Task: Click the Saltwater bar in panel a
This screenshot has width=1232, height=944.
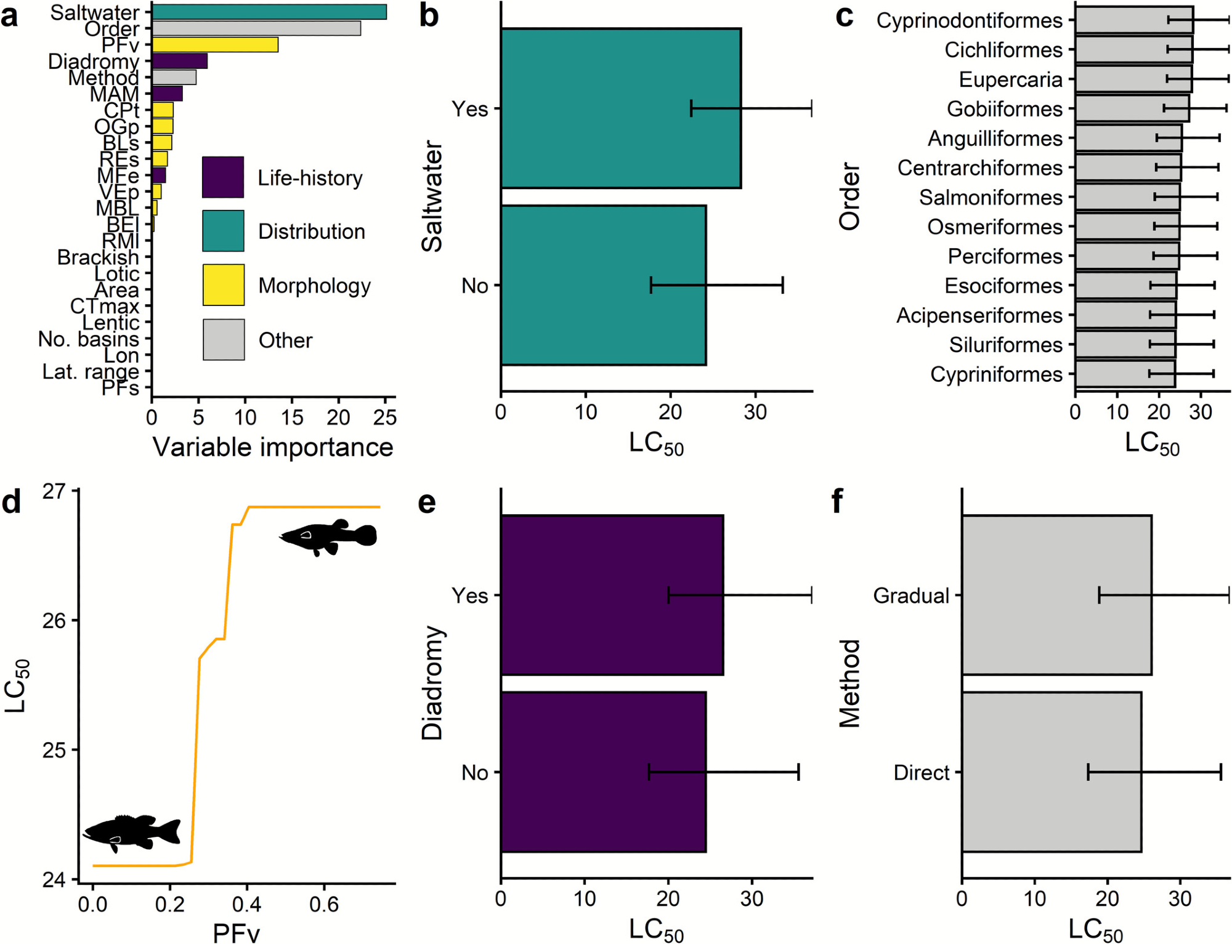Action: (269, 12)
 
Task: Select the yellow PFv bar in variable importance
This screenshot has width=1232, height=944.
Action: (215, 45)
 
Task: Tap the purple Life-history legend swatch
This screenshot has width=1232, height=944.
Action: (223, 177)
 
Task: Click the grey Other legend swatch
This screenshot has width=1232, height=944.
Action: (224, 339)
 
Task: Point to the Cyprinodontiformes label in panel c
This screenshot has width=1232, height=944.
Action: (970, 20)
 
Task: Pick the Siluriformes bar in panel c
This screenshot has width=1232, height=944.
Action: (1125, 345)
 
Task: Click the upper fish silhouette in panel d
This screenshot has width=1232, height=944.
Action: (328, 537)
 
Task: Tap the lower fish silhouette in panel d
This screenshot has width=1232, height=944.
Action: (132, 833)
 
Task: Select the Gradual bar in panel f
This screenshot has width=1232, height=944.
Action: (1056, 595)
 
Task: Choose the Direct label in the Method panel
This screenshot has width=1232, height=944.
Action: (922, 773)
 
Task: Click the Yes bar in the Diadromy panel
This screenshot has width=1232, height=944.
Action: (612, 595)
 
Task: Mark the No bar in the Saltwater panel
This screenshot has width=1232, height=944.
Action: (603, 285)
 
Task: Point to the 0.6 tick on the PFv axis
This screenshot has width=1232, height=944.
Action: (324, 904)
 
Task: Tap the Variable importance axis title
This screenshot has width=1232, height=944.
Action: (272, 447)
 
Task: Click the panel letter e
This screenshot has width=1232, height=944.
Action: (427, 502)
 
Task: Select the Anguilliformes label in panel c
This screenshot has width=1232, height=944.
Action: (995, 139)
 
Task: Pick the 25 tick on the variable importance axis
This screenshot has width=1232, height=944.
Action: (385, 418)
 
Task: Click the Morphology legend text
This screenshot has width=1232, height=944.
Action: (314, 286)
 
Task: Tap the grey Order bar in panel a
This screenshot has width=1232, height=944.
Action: (256, 28)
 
